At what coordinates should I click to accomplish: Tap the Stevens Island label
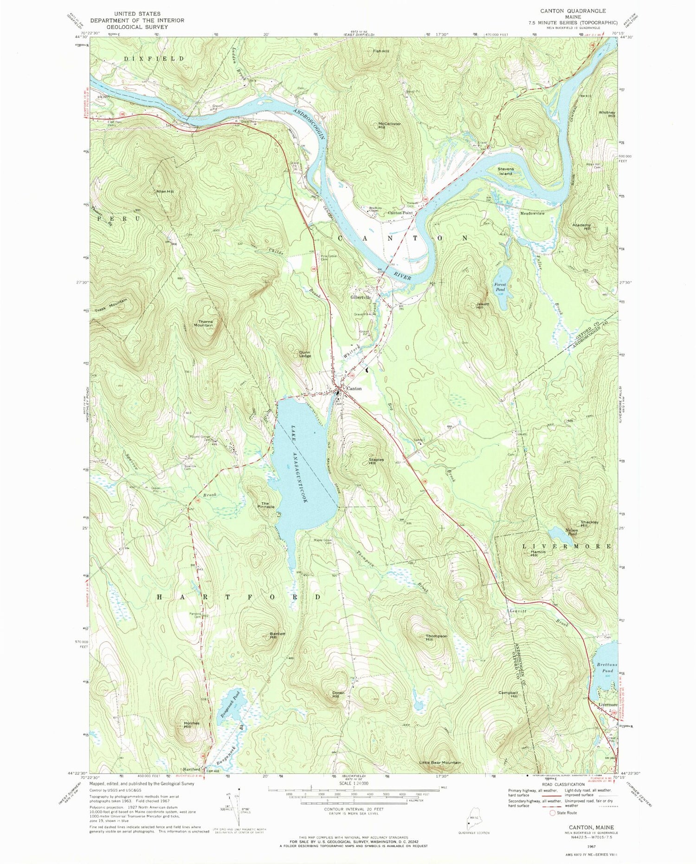pyautogui.click(x=505, y=171)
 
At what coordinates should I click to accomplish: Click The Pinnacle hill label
pyautogui.click(x=265, y=505)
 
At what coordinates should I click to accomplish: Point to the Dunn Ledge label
pyautogui.click(x=304, y=354)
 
